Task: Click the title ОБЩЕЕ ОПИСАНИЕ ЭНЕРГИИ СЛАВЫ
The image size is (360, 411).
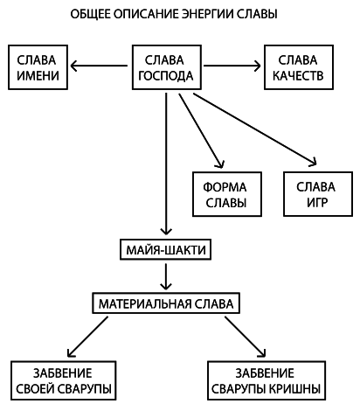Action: point(179,16)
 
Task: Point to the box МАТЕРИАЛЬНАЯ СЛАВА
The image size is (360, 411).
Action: point(164,303)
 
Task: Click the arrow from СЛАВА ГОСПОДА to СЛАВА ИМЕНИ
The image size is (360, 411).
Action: point(100,65)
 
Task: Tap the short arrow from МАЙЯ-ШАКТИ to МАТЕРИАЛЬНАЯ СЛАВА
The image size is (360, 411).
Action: point(164,276)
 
